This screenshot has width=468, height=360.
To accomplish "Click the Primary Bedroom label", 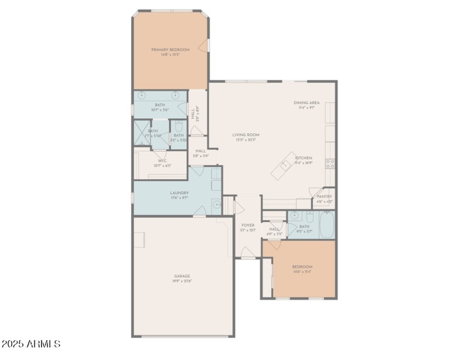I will click(x=170, y=50).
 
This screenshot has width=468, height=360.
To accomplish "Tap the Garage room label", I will click(x=182, y=276).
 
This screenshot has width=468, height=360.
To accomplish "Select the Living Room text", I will click(x=246, y=135).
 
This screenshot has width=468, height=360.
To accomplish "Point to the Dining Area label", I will click(x=307, y=103).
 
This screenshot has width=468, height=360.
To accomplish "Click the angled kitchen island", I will click(x=284, y=165).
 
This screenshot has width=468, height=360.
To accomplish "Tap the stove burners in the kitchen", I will click(x=331, y=163).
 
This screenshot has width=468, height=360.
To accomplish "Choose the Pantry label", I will click(x=324, y=196).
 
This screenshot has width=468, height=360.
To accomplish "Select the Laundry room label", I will click(x=178, y=193).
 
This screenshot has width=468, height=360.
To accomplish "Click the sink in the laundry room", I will click(x=216, y=205).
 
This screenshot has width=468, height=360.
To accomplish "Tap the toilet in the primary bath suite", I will click(x=178, y=127).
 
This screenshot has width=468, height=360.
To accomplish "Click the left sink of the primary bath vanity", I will click(x=142, y=94).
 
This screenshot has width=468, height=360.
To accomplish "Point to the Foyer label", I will click(x=247, y=225).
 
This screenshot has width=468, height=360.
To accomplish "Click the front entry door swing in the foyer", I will click(x=247, y=253).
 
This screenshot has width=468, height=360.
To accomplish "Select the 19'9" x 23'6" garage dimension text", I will click(x=182, y=282).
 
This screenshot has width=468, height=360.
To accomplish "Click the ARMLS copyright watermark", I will click(x=31, y=344).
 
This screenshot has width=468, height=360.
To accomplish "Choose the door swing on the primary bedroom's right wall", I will click(x=204, y=46).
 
